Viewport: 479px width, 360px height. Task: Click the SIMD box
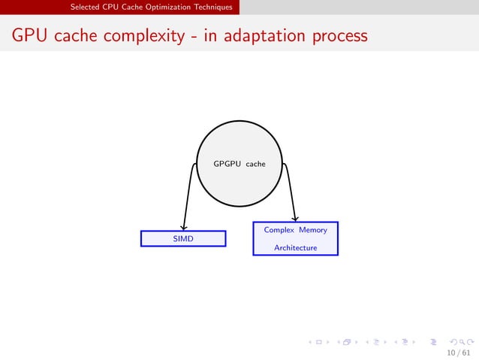click(x=183, y=238)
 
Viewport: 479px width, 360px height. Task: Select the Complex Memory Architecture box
click(x=295, y=238)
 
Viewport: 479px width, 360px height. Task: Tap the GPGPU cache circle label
click(x=239, y=163)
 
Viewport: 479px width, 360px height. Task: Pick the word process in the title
click(x=342, y=36)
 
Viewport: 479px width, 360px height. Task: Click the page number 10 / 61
click(x=459, y=352)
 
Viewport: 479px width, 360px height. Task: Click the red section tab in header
click(x=150, y=7)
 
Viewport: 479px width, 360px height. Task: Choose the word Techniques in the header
click(x=213, y=7)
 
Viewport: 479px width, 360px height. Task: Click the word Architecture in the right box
click(x=295, y=247)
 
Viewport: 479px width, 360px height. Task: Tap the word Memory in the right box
click(x=313, y=230)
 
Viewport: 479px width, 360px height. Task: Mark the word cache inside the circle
click(x=255, y=163)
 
